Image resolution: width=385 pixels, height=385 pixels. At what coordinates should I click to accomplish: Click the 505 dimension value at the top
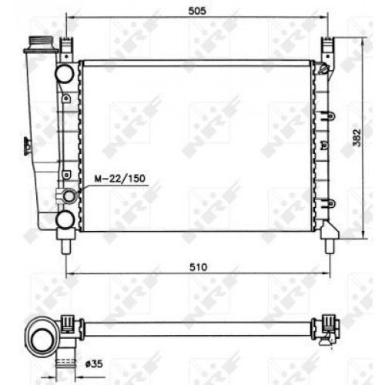[199, 10]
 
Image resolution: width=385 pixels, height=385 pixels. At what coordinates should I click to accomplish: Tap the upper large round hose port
[65, 74]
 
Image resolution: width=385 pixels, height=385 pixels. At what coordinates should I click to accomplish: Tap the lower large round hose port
[65, 221]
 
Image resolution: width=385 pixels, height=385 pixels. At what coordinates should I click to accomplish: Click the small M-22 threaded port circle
[69, 196]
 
